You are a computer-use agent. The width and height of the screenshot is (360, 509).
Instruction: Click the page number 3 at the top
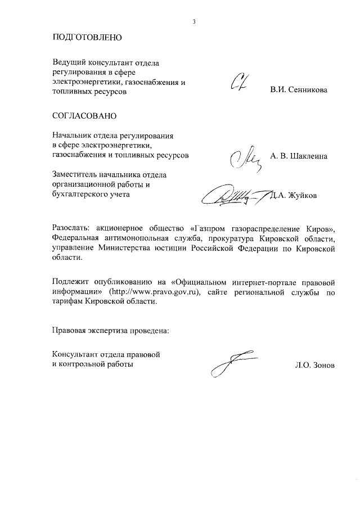coord(193,22)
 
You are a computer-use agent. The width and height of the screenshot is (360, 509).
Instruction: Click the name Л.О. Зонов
coord(314,365)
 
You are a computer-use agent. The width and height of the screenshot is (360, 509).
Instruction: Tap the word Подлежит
coord(70,282)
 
